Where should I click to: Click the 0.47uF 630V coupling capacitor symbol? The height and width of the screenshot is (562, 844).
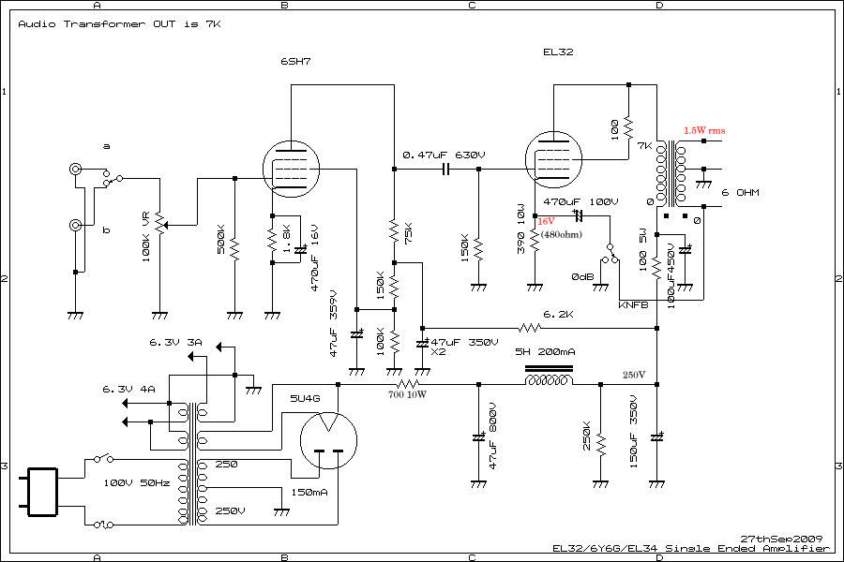point(445,170)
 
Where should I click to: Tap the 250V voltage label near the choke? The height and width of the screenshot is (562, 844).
point(635,376)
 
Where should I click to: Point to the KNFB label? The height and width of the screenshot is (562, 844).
point(633,305)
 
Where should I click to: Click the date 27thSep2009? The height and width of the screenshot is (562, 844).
point(780,540)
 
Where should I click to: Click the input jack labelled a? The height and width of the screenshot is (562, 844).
point(74,170)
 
